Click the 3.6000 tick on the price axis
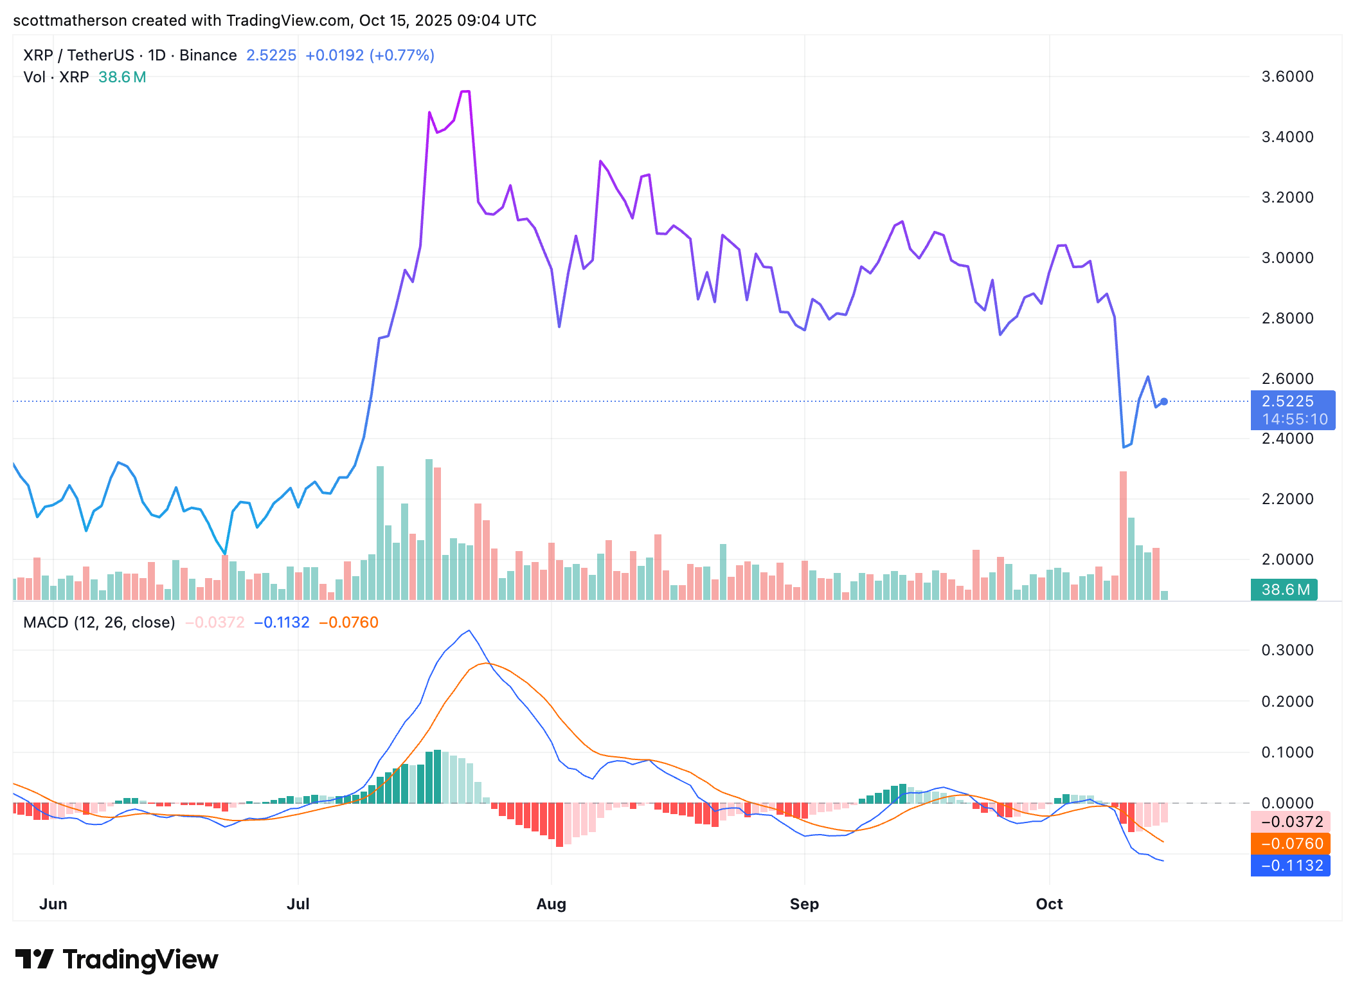(x=1287, y=77)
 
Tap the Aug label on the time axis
(x=551, y=903)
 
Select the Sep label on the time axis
(x=804, y=903)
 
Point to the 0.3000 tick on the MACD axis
(x=1287, y=650)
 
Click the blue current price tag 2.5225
(x=1292, y=402)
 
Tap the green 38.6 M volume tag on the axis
(x=1284, y=590)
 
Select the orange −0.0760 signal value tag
(x=1291, y=844)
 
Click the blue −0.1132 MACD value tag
(x=1291, y=866)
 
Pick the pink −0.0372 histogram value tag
(x=1291, y=822)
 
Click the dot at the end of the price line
(x=1163, y=402)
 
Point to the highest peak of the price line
(x=465, y=92)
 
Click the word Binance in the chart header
(x=208, y=55)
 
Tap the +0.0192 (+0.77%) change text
(x=370, y=55)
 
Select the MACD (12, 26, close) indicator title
(x=99, y=622)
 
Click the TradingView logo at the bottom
(x=116, y=959)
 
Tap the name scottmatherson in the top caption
(x=69, y=21)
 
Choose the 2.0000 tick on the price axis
(x=1287, y=559)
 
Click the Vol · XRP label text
(x=56, y=77)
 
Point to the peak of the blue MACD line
(x=469, y=631)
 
